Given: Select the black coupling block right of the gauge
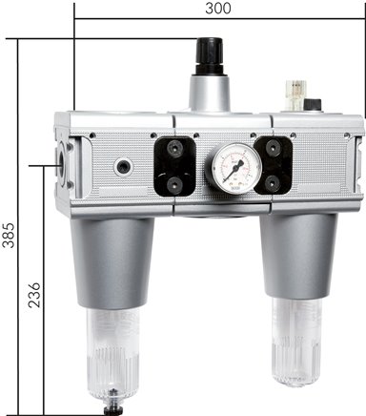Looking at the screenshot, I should [x=270, y=163].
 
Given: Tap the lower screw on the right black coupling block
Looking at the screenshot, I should [x=270, y=181].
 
